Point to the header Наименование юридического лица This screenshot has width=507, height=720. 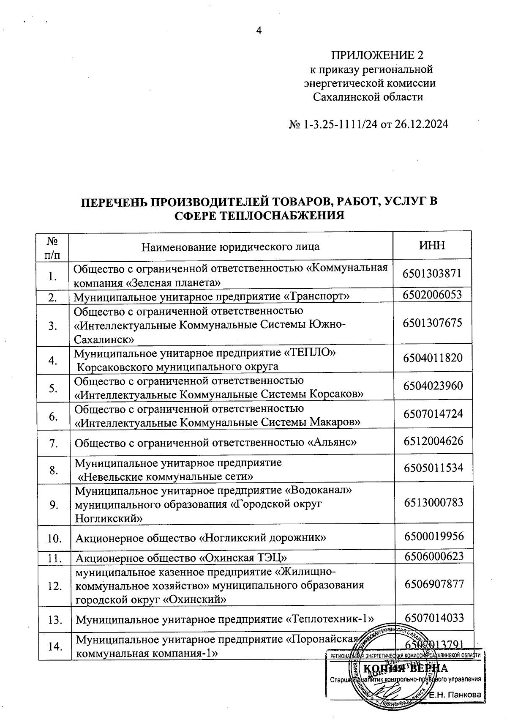[x=230, y=246]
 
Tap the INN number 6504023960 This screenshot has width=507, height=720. [x=433, y=386]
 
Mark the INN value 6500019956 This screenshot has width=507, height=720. [x=434, y=537]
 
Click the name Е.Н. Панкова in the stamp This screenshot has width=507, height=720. [x=455, y=695]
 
